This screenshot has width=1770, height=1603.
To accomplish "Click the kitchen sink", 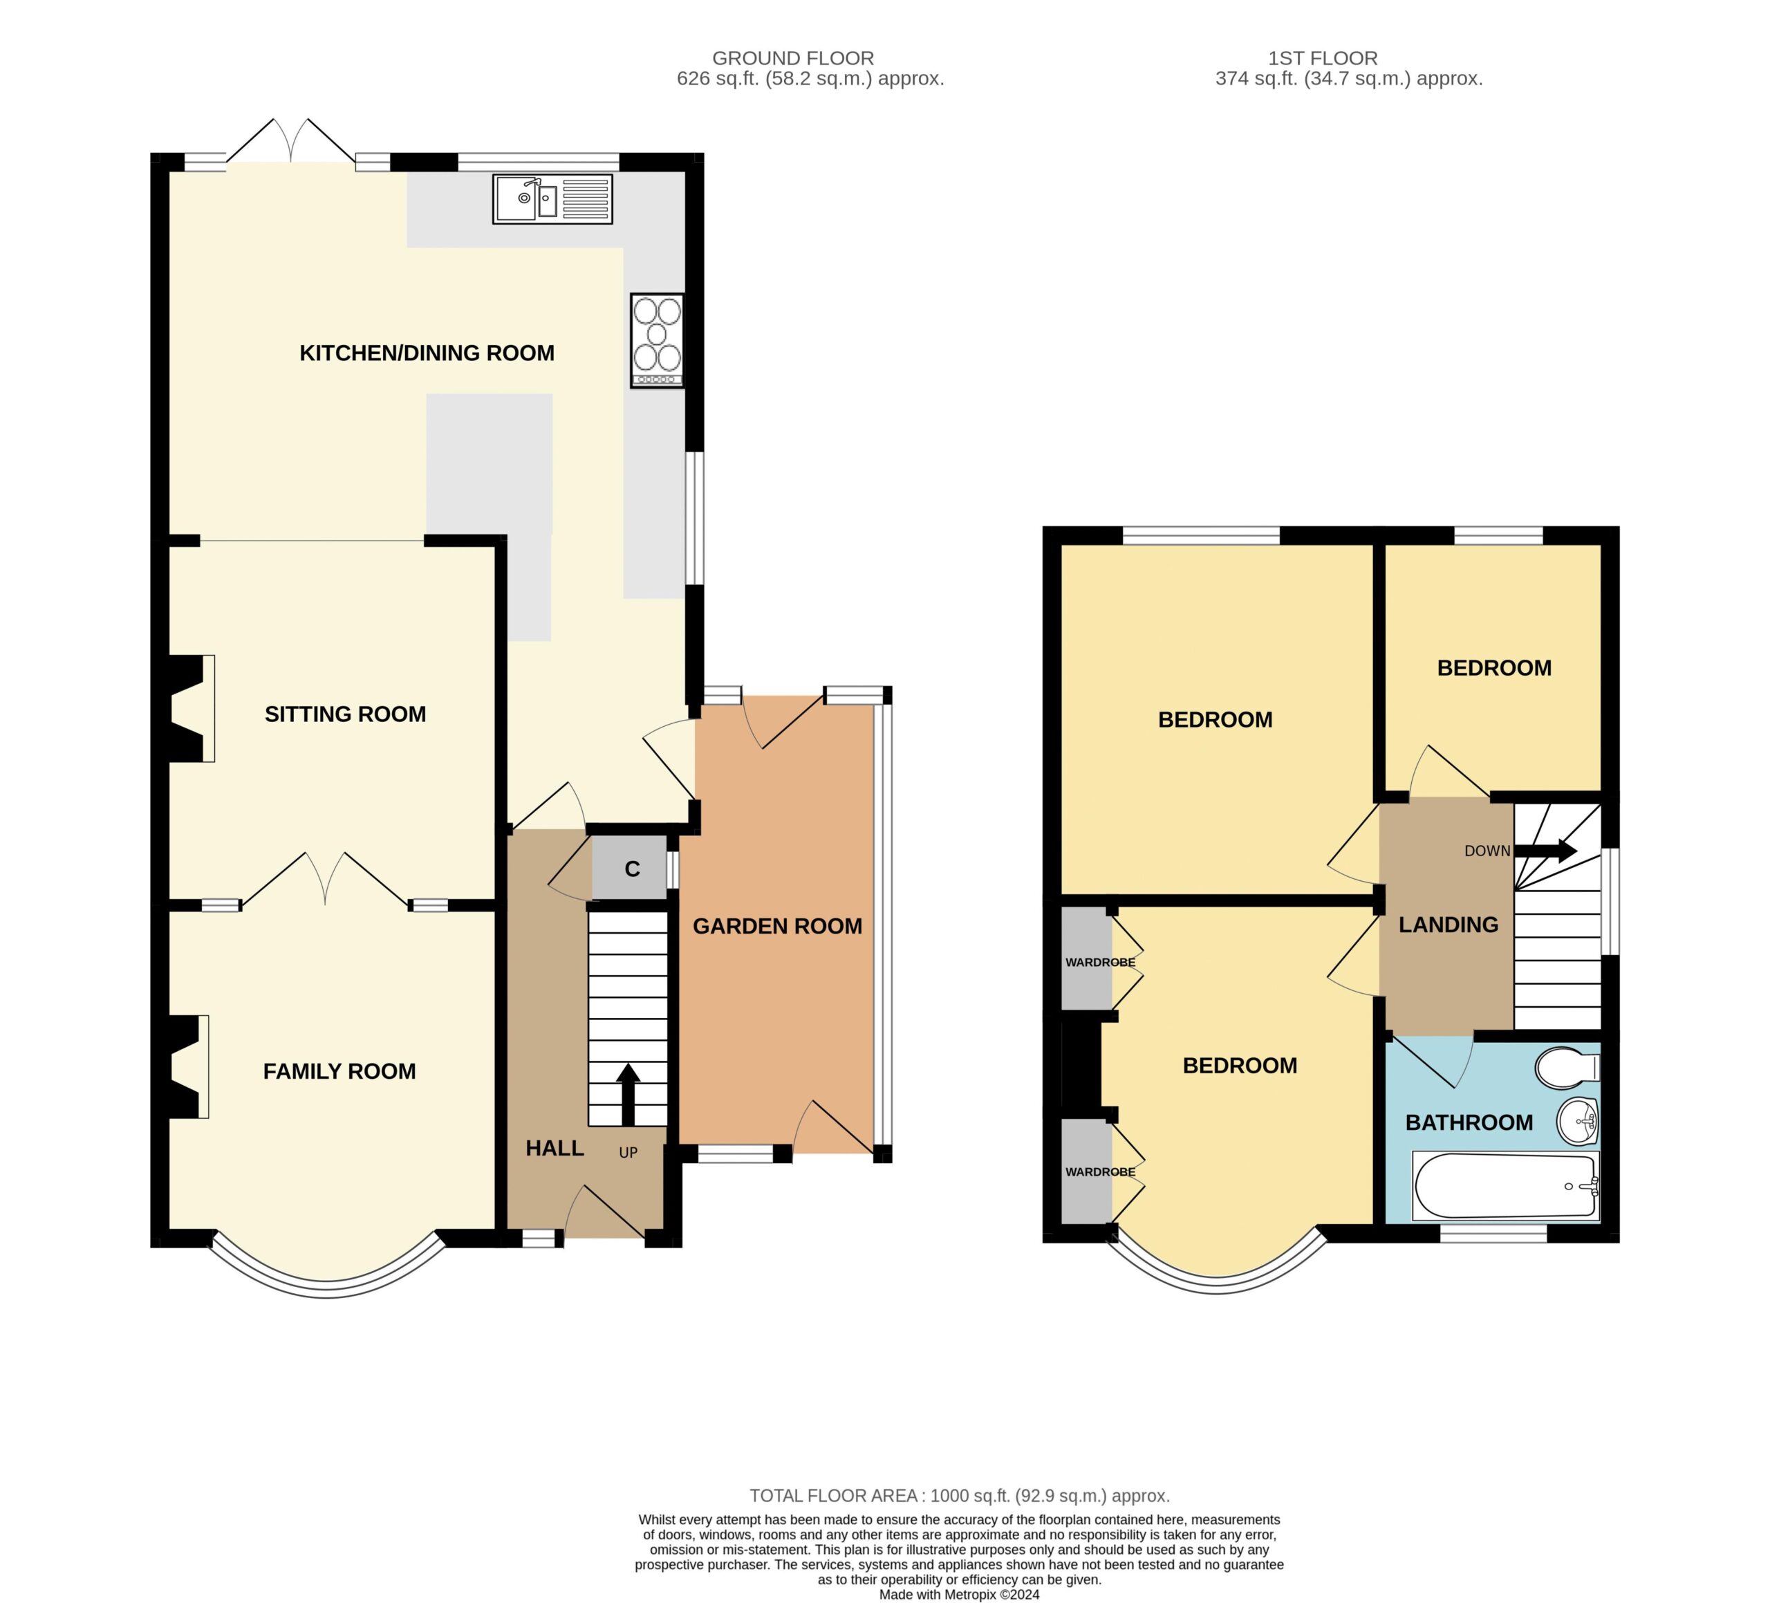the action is [x=552, y=198].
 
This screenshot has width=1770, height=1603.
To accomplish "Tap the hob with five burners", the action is [x=657, y=340].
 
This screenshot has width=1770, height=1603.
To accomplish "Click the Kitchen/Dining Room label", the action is [x=427, y=353].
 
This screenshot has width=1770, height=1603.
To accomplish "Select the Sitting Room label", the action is [x=345, y=714].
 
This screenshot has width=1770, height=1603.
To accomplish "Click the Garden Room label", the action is [x=777, y=926].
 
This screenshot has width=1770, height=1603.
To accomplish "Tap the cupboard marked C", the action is [x=629, y=869].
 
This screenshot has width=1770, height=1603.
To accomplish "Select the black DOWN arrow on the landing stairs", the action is [x=1546, y=850].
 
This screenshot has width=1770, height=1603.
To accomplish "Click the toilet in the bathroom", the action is [x=1567, y=1067].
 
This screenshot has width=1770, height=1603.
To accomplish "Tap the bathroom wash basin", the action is [x=1578, y=1122].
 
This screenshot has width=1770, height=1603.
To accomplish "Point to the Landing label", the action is [x=1448, y=924].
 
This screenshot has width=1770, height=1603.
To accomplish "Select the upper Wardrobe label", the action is [x=1100, y=963].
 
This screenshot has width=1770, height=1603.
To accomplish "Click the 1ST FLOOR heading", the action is [x=1322, y=58].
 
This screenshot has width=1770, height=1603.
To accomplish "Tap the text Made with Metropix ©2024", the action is [x=959, y=1594].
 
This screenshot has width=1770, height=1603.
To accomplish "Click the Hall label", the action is [x=555, y=1148].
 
